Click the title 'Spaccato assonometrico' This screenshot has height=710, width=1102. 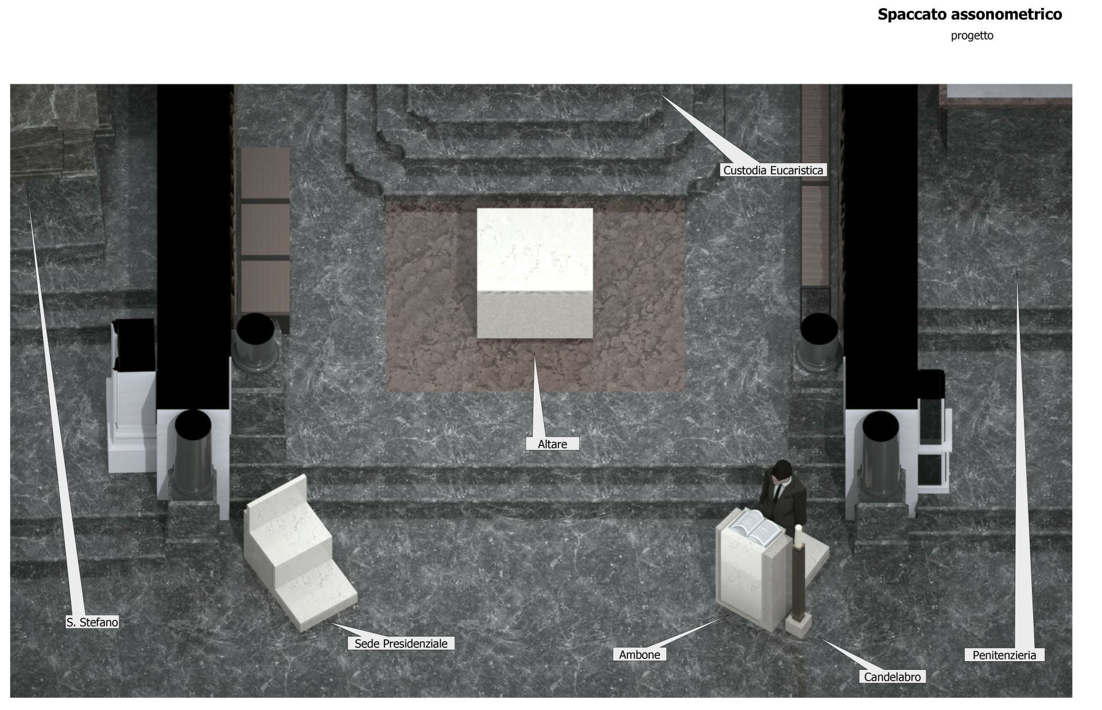coord(969,14)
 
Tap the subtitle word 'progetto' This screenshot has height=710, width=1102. coord(972,36)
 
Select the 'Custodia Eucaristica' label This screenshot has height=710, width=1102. coord(773,170)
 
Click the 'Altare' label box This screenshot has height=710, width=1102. coord(552,444)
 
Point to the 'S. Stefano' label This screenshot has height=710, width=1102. coord(92,622)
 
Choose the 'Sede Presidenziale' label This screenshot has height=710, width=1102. coord(401,643)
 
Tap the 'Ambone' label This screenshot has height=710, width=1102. coord(639,654)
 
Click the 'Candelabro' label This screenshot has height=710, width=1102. coord(892,677)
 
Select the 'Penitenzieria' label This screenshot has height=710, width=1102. coord(1004,655)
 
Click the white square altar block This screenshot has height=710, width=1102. coord(534,273)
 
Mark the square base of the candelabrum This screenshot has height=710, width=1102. coord(798,625)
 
